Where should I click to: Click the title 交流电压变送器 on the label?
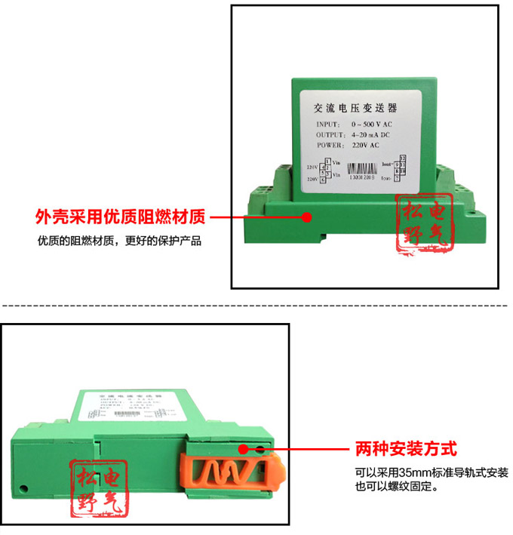click(360, 109)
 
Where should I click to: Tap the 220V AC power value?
click(365, 144)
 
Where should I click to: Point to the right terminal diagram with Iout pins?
click(397, 168)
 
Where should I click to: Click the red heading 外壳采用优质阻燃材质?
click(121, 217)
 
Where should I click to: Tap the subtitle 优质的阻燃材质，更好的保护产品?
click(120, 241)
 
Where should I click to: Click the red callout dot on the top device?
click(306, 217)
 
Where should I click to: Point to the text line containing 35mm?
click(432, 473)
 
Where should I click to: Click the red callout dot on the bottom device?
click(243, 449)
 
